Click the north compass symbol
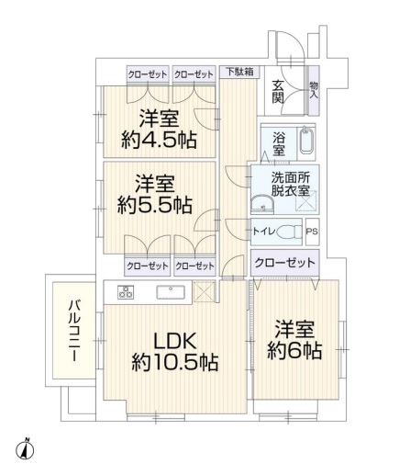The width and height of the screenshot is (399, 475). point(25,449)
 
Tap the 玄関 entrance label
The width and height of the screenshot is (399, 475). point(278,92)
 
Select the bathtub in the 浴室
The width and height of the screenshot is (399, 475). point(307,141)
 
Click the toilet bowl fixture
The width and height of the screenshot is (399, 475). point(288,232)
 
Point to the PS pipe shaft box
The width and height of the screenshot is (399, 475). point(312,232)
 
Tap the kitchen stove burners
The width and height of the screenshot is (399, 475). point(126,291)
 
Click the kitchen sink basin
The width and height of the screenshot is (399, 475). point(171,292)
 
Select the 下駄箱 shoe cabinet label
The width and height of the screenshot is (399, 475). point(239,72)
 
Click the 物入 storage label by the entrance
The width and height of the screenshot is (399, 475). point(314,90)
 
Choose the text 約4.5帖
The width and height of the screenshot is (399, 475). point(159,140)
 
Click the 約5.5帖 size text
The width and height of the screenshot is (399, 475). point(155,205)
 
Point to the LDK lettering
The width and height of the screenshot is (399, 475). point(175,342)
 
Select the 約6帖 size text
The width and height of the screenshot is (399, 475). point(294,351)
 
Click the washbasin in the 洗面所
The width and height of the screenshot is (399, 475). point(262,204)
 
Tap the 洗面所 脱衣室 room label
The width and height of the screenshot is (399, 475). point(291,184)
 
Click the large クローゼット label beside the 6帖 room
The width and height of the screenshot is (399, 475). point(284,263)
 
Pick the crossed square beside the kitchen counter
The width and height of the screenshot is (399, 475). point(205,292)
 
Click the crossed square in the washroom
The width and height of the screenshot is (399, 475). point(305,201)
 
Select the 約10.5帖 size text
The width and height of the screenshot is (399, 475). point(175,363)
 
